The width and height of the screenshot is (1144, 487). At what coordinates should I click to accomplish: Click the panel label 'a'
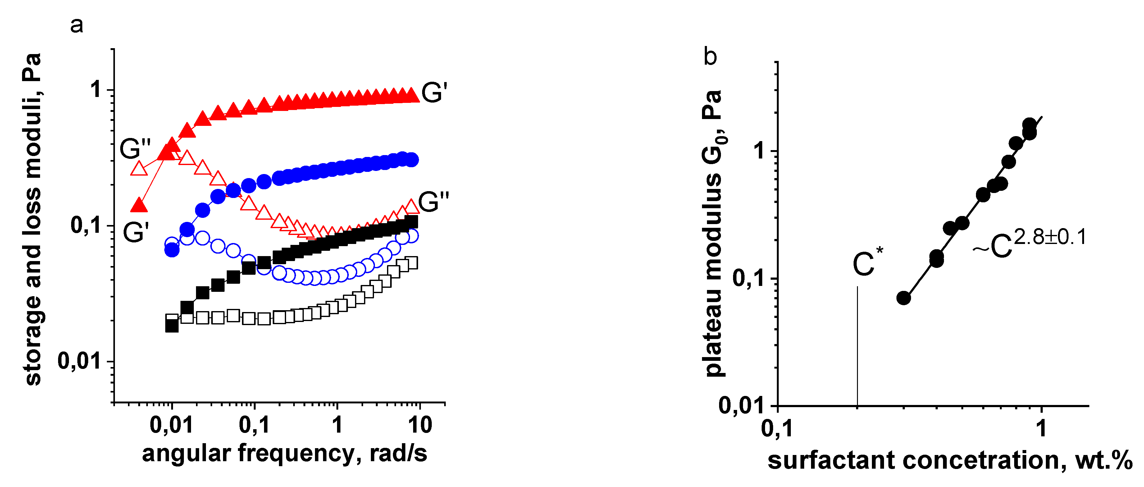(76, 25)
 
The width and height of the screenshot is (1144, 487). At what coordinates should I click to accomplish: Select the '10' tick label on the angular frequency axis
(419, 425)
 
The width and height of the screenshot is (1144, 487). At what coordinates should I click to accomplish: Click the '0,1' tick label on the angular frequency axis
(254, 425)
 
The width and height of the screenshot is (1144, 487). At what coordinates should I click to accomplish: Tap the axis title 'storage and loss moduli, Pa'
(32, 219)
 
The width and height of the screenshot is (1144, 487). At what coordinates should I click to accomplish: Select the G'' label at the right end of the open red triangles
(433, 202)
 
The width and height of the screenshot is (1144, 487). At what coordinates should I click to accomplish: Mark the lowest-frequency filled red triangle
(139, 205)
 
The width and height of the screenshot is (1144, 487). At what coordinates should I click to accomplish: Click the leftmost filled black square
(172, 326)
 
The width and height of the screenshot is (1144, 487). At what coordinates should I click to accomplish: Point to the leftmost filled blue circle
(172, 250)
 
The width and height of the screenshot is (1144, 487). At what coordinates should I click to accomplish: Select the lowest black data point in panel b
(903, 298)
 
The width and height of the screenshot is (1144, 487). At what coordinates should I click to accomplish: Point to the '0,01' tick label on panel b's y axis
(741, 405)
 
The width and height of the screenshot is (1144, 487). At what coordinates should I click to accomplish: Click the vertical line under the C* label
(857, 347)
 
